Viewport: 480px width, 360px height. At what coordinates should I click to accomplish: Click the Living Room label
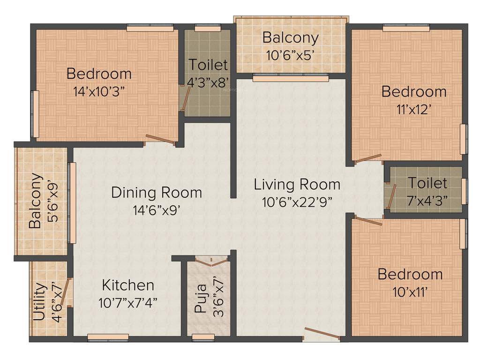click(x=297, y=184)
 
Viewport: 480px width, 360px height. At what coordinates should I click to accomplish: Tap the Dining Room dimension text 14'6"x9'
click(x=157, y=209)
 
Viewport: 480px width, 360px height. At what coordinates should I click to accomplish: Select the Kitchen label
click(x=128, y=285)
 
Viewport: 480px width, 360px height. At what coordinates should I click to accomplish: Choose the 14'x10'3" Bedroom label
click(x=99, y=74)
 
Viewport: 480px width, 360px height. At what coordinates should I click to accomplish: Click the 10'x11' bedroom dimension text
click(x=410, y=292)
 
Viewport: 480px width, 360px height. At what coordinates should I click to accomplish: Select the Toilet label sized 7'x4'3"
click(x=427, y=182)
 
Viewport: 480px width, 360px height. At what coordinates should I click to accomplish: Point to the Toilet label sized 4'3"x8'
click(x=208, y=65)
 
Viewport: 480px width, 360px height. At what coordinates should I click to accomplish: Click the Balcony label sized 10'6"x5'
click(x=290, y=37)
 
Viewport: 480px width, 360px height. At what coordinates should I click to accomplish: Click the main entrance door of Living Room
click(x=322, y=334)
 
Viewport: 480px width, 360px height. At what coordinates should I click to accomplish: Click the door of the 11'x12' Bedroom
click(x=368, y=159)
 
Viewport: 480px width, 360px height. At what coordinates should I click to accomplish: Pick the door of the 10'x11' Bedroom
click(x=368, y=220)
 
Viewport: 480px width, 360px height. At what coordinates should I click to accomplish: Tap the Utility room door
click(x=69, y=291)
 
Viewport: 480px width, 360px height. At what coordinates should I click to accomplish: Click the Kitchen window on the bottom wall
click(x=108, y=337)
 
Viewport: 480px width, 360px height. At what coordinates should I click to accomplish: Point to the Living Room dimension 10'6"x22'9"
click(x=297, y=202)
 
